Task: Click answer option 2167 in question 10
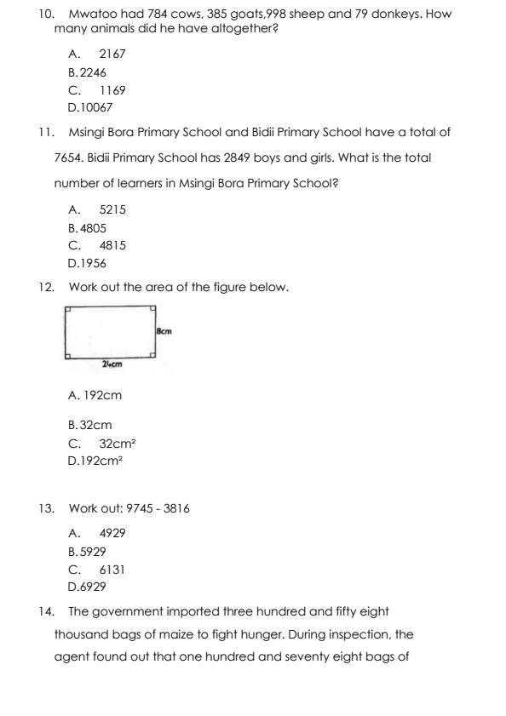coord(112,54)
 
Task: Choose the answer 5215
coord(112,209)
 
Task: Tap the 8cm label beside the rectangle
coord(164,329)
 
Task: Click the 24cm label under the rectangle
coord(112,364)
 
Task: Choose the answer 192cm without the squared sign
coord(95,395)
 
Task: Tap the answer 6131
coord(112,570)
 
